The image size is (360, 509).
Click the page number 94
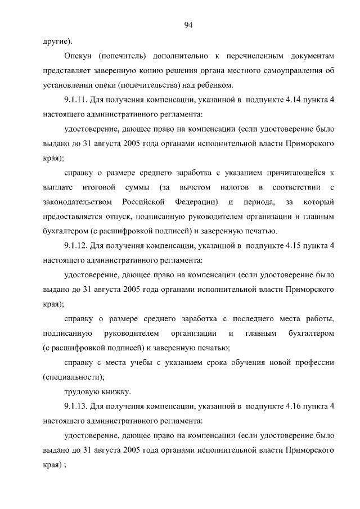click(x=188, y=24)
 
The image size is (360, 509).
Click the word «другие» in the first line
click(x=55, y=42)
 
